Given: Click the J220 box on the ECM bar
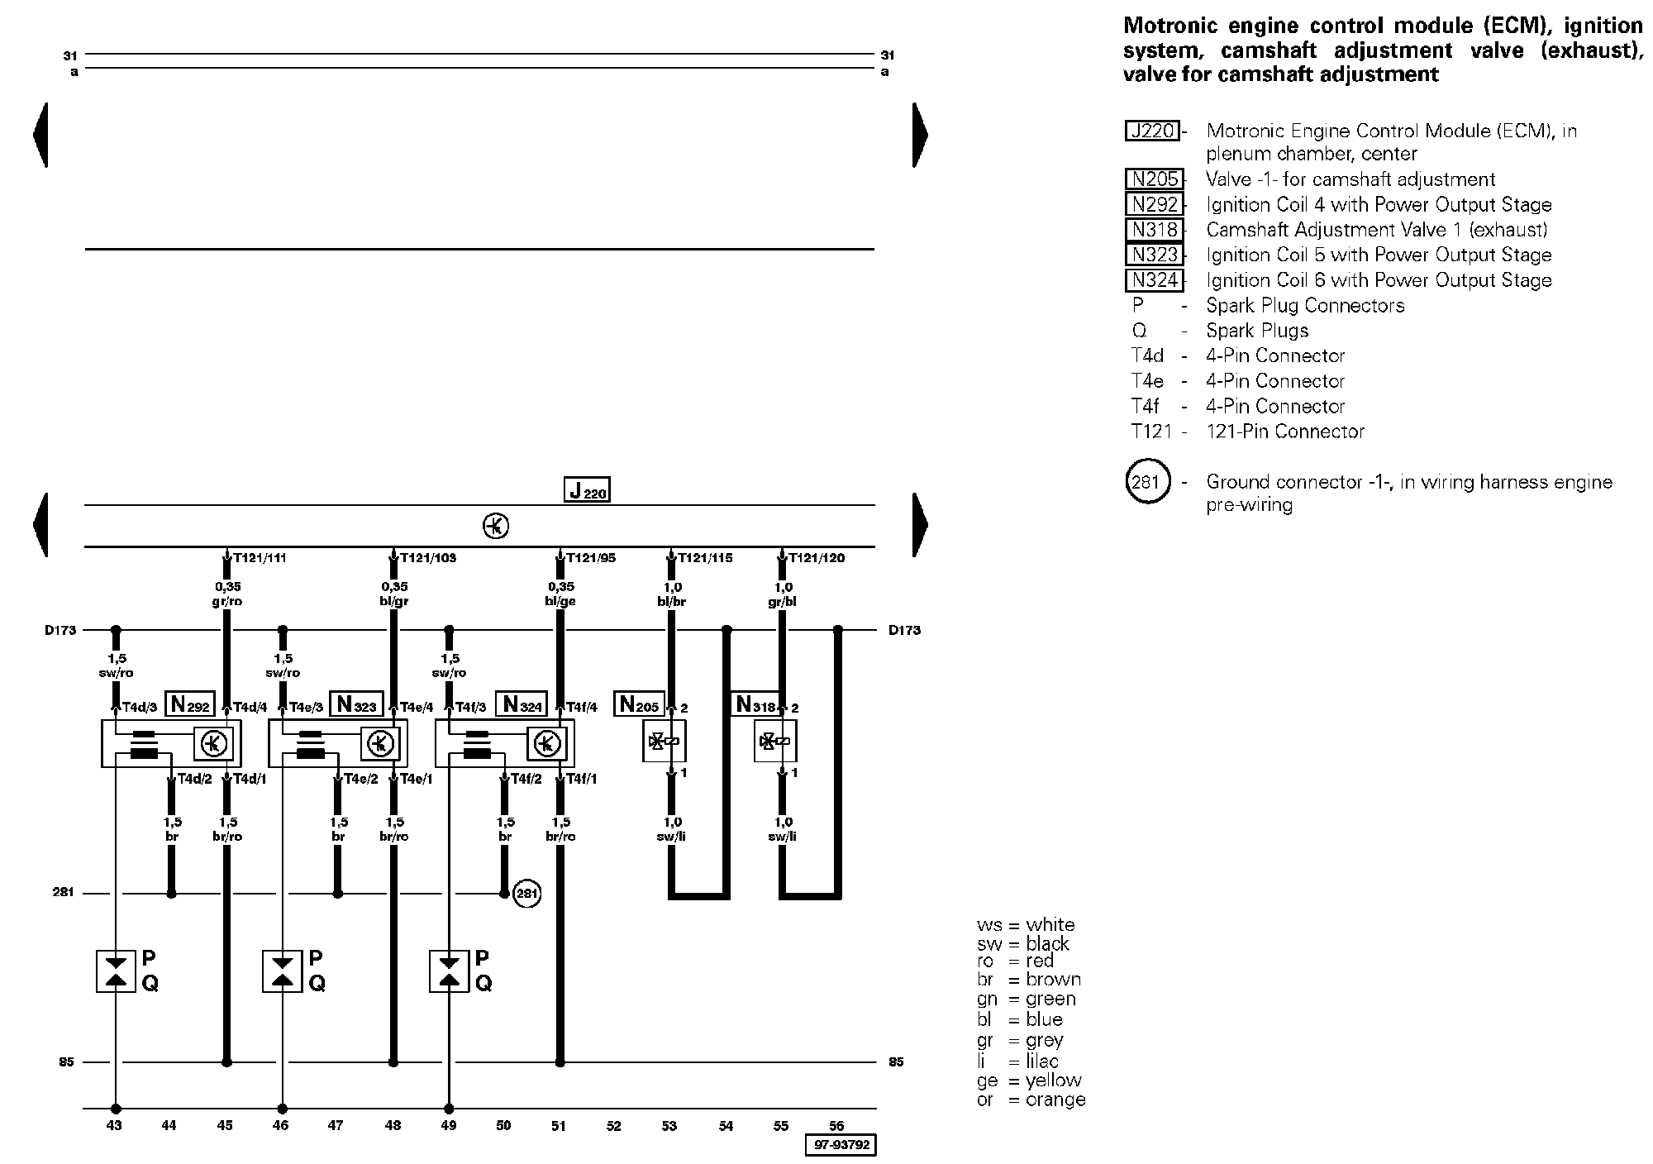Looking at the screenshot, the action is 587,490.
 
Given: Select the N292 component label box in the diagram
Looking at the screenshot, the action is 190,704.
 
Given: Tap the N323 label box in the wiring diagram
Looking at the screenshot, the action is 355,704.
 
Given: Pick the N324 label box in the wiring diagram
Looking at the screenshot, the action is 522,704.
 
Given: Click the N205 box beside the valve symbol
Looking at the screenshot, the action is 639,704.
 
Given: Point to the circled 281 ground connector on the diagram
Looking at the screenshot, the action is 527,894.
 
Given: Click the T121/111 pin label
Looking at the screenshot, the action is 260,558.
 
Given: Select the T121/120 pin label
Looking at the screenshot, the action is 817,558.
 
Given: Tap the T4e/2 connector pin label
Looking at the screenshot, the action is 361,779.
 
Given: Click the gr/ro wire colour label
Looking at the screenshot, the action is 227,602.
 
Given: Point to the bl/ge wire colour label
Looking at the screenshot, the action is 560,602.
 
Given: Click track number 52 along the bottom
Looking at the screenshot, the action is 613,1125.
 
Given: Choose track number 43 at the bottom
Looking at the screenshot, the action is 115,1125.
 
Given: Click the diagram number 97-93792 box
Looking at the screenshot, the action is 841,1145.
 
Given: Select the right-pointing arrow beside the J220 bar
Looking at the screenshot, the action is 921,524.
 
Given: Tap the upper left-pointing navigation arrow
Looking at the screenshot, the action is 40,135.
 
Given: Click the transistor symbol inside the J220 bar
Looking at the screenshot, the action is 496,526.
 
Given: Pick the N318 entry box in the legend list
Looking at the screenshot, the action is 1155,230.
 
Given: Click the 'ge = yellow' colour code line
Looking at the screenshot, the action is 1029,1081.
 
